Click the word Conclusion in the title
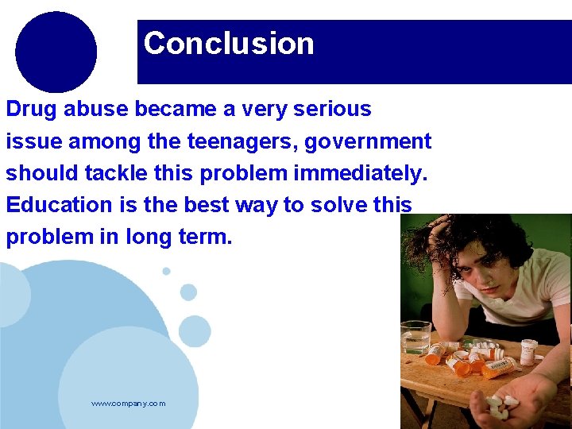[x=229, y=43]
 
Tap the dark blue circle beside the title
[x=56, y=52]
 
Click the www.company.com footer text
[x=129, y=404]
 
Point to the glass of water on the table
[x=415, y=337]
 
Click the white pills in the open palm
[x=498, y=405]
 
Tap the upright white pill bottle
[x=529, y=350]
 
